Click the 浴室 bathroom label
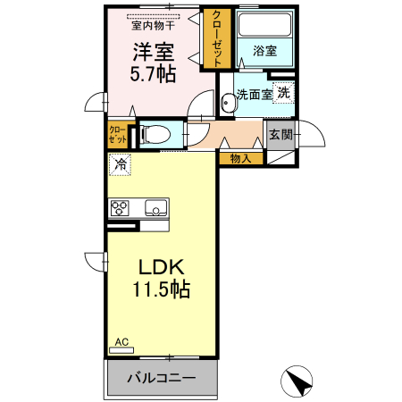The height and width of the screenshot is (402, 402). (x=264, y=52)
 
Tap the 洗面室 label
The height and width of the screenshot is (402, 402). (x=252, y=92)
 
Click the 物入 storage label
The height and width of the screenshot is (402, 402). (x=240, y=159)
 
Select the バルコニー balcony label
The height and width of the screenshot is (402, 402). (x=161, y=378)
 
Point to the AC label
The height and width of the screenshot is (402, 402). (x=121, y=341)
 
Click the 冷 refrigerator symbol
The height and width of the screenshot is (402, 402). (x=120, y=164)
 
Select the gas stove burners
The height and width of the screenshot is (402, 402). (x=120, y=208)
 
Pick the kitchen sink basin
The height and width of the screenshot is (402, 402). (x=154, y=209)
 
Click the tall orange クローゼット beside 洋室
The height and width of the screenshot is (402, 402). (x=214, y=38)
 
